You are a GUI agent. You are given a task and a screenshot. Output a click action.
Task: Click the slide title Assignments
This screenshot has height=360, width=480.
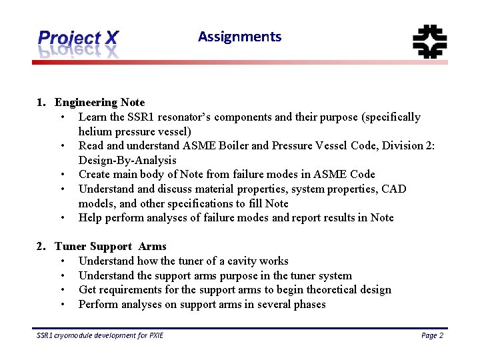[x=239, y=37]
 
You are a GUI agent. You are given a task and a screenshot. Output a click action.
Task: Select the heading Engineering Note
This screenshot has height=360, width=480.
[x=99, y=102]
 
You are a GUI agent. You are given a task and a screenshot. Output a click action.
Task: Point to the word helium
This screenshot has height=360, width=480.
[x=94, y=131]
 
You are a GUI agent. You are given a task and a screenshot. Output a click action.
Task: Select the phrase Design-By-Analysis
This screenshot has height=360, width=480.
[x=127, y=160]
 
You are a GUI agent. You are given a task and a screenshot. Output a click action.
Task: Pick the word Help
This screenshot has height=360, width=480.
[x=91, y=218]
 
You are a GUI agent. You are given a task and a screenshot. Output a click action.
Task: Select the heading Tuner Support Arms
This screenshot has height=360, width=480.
[x=111, y=247]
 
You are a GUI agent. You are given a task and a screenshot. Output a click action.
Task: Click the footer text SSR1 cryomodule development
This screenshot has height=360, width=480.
[x=100, y=335]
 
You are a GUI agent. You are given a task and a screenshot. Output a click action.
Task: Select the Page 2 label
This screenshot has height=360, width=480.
[x=432, y=335]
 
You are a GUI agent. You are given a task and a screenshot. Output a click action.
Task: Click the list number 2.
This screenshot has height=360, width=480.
[x=41, y=247]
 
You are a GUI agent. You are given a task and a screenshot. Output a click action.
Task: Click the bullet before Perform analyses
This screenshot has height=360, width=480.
[x=62, y=305]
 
